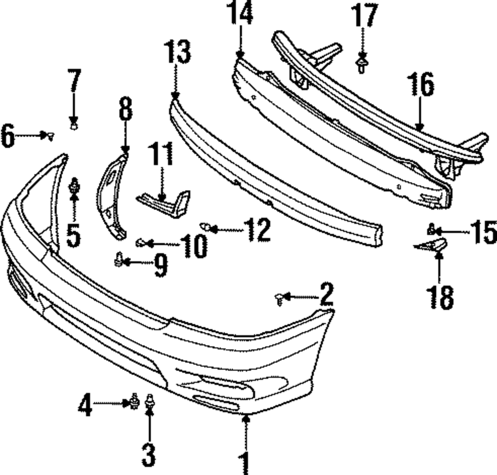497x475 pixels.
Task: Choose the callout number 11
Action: [x=163, y=155]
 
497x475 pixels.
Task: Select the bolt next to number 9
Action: [x=119, y=259]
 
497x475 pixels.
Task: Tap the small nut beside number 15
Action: [x=432, y=229]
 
